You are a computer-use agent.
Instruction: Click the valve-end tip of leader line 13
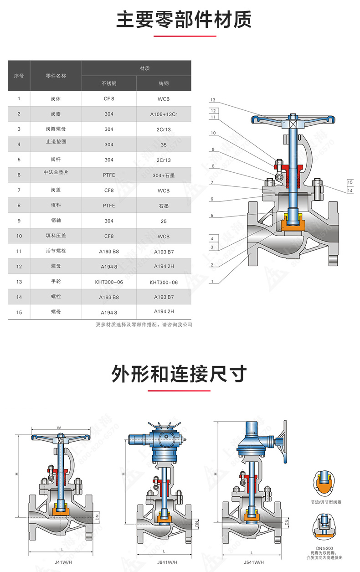pyautogui.click(x=280, y=120)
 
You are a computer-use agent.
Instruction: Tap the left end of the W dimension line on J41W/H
pyautogui.click(x=31, y=430)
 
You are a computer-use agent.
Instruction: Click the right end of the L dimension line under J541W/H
pyautogui.click(x=282, y=555)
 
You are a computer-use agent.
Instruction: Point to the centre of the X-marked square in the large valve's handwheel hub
pyautogui.click(x=293, y=124)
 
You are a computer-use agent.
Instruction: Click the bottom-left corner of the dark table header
pyautogui.click(x=8, y=91)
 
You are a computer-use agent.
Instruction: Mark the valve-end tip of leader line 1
pyautogui.click(x=248, y=256)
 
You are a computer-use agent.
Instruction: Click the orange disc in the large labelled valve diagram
pyautogui.click(x=293, y=225)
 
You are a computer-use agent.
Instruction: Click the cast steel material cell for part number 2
pyautogui.click(x=164, y=114)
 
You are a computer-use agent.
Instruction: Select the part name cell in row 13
pyautogui.click(x=56, y=282)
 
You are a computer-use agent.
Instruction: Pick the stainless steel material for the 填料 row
pyautogui.click(x=109, y=206)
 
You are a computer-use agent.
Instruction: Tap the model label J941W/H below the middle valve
pyautogui.click(x=167, y=562)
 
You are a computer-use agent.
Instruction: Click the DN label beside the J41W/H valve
pyautogui.click(x=97, y=517)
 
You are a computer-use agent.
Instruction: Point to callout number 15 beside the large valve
pyautogui.click(x=350, y=182)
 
